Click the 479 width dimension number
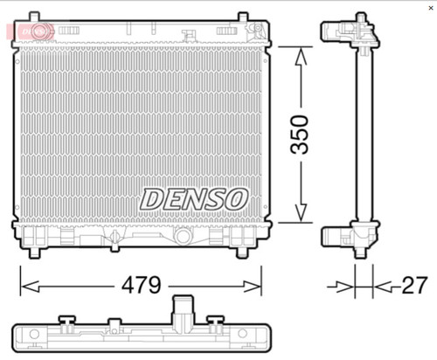pyautogui.click(x=142, y=285)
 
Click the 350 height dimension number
pyautogui.click(x=300, y=135)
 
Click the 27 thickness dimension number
pyautogui.click(x=415, y=285)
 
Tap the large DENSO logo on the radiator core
pyautogui.click(x=194, y=199)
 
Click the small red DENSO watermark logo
pyautogui.click(x=31, y=31)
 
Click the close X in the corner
pyautogui.click(x=431, y=8)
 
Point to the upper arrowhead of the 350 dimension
pyautogui.click(x=301, y=57)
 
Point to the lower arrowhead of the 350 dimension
pyautogui.click(x=301, y=212)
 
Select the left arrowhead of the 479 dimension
pyautogui.click(x=31, y=287)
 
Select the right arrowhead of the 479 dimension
pyautogui.click(x=252, y=287)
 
